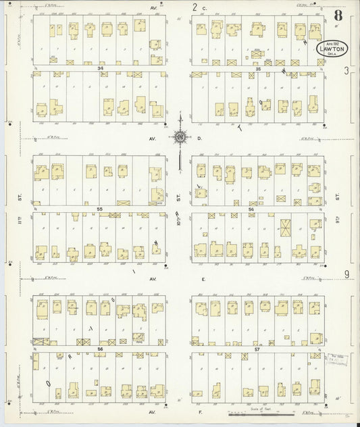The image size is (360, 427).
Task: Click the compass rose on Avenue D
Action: (180, 138)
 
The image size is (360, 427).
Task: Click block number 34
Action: (99, 68)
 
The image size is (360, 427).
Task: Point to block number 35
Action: (258, 68)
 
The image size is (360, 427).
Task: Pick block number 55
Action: (99, 209)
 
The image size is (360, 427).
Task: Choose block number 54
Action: (251, 209)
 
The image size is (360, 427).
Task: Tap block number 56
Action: (99, 349)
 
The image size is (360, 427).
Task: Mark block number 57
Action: (257, 349)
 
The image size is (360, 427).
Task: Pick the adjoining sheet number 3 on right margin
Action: (346, 70)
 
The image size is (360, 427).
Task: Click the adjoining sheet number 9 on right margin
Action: (346, 274)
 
